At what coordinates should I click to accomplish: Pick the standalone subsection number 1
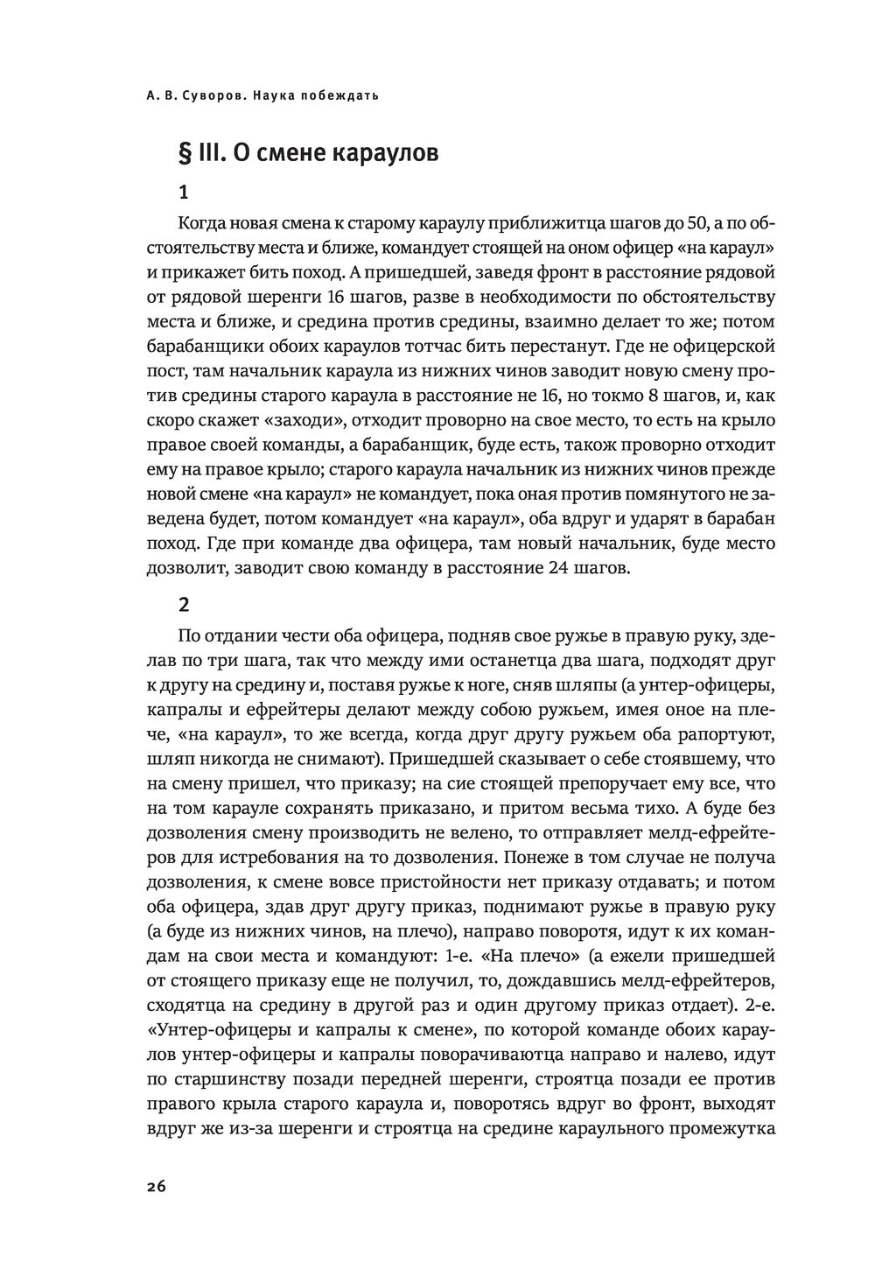click(182, 191)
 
